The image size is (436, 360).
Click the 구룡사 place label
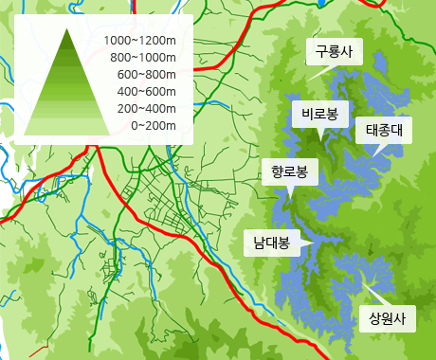click(x=334, y=53)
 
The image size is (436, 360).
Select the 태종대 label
click(x=385, y=130)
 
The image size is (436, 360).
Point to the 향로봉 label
click(x=289, y=172)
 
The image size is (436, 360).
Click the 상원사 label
click(x=387, y=317)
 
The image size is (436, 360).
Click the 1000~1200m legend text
click(x=140, y=41)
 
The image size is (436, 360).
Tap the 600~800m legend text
click(x=147, y=75)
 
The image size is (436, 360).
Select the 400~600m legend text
click(x=147, y=92)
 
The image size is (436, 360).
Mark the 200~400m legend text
click(x=147, y=109)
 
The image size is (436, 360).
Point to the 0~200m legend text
click(x=154, y=126)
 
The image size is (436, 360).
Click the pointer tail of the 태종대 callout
click(x=375, y=152)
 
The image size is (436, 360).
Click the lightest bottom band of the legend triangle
click(x=68, y=128)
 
